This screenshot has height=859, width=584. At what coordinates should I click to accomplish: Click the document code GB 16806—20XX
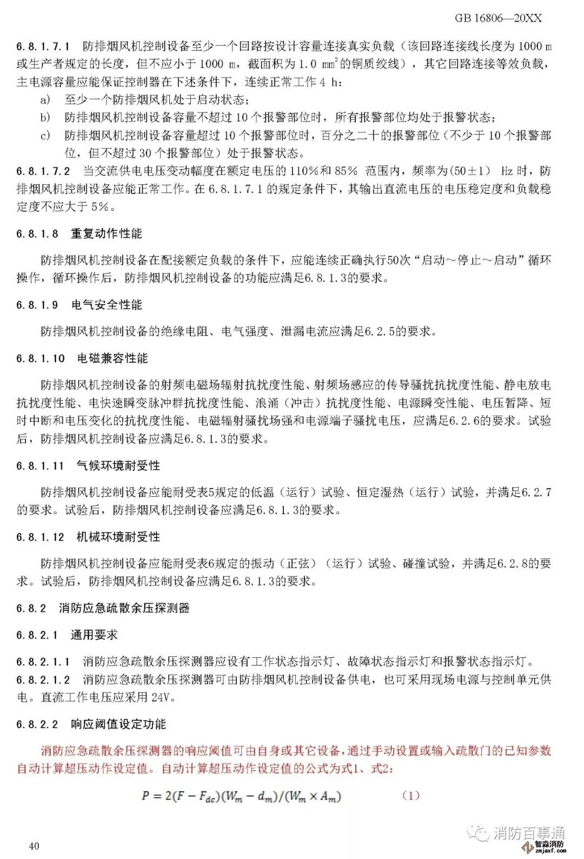[x=498, y=18]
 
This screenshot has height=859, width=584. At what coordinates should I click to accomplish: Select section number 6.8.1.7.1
[x=43, y=46]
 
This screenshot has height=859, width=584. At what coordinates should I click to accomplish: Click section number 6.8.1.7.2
[x=43, y=171]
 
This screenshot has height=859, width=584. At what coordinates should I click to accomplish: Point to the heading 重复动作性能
[x=107, y=234]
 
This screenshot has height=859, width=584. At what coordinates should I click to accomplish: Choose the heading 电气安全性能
[x=107, y=305]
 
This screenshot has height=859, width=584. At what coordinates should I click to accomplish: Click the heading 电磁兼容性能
[x=112, y=358]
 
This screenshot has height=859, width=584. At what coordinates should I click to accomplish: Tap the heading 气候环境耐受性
[x=118, y=465]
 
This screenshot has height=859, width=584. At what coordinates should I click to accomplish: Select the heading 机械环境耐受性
[x=118, y=537]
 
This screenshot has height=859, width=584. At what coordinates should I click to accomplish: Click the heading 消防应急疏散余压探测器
[x=124, y=608]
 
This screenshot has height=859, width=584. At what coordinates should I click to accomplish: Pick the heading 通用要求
[x=94, y=635]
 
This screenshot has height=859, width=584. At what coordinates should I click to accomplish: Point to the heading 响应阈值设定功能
[x=118, y=724]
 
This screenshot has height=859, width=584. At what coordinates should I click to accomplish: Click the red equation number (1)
[x=411, y=795]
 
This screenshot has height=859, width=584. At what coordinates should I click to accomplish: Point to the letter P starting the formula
[x=145, y=796]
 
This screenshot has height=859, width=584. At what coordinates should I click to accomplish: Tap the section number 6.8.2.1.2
[x=43, y=680]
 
